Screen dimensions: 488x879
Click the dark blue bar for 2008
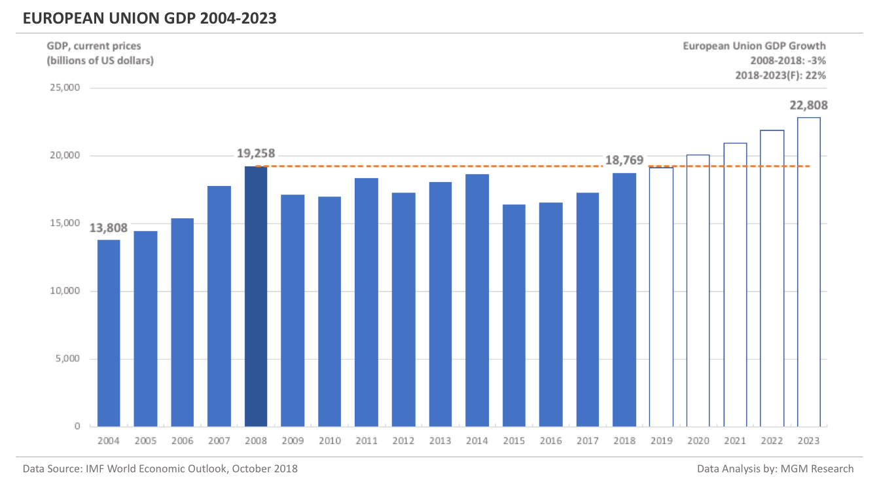(256, 296)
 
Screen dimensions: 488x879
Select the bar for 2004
(109, 333)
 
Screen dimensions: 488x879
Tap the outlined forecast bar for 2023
(809, 272)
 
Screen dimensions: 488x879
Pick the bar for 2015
(514, 315)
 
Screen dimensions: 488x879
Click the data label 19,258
(255, 154)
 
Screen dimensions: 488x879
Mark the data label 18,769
(624, 160)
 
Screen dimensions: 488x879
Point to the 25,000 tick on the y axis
(65, 88)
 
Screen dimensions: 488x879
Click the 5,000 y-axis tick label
(67, 359)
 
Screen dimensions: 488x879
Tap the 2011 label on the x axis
(366, 441)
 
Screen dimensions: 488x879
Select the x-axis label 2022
(772, 441)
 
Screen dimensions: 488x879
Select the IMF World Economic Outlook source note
(160, 468)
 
